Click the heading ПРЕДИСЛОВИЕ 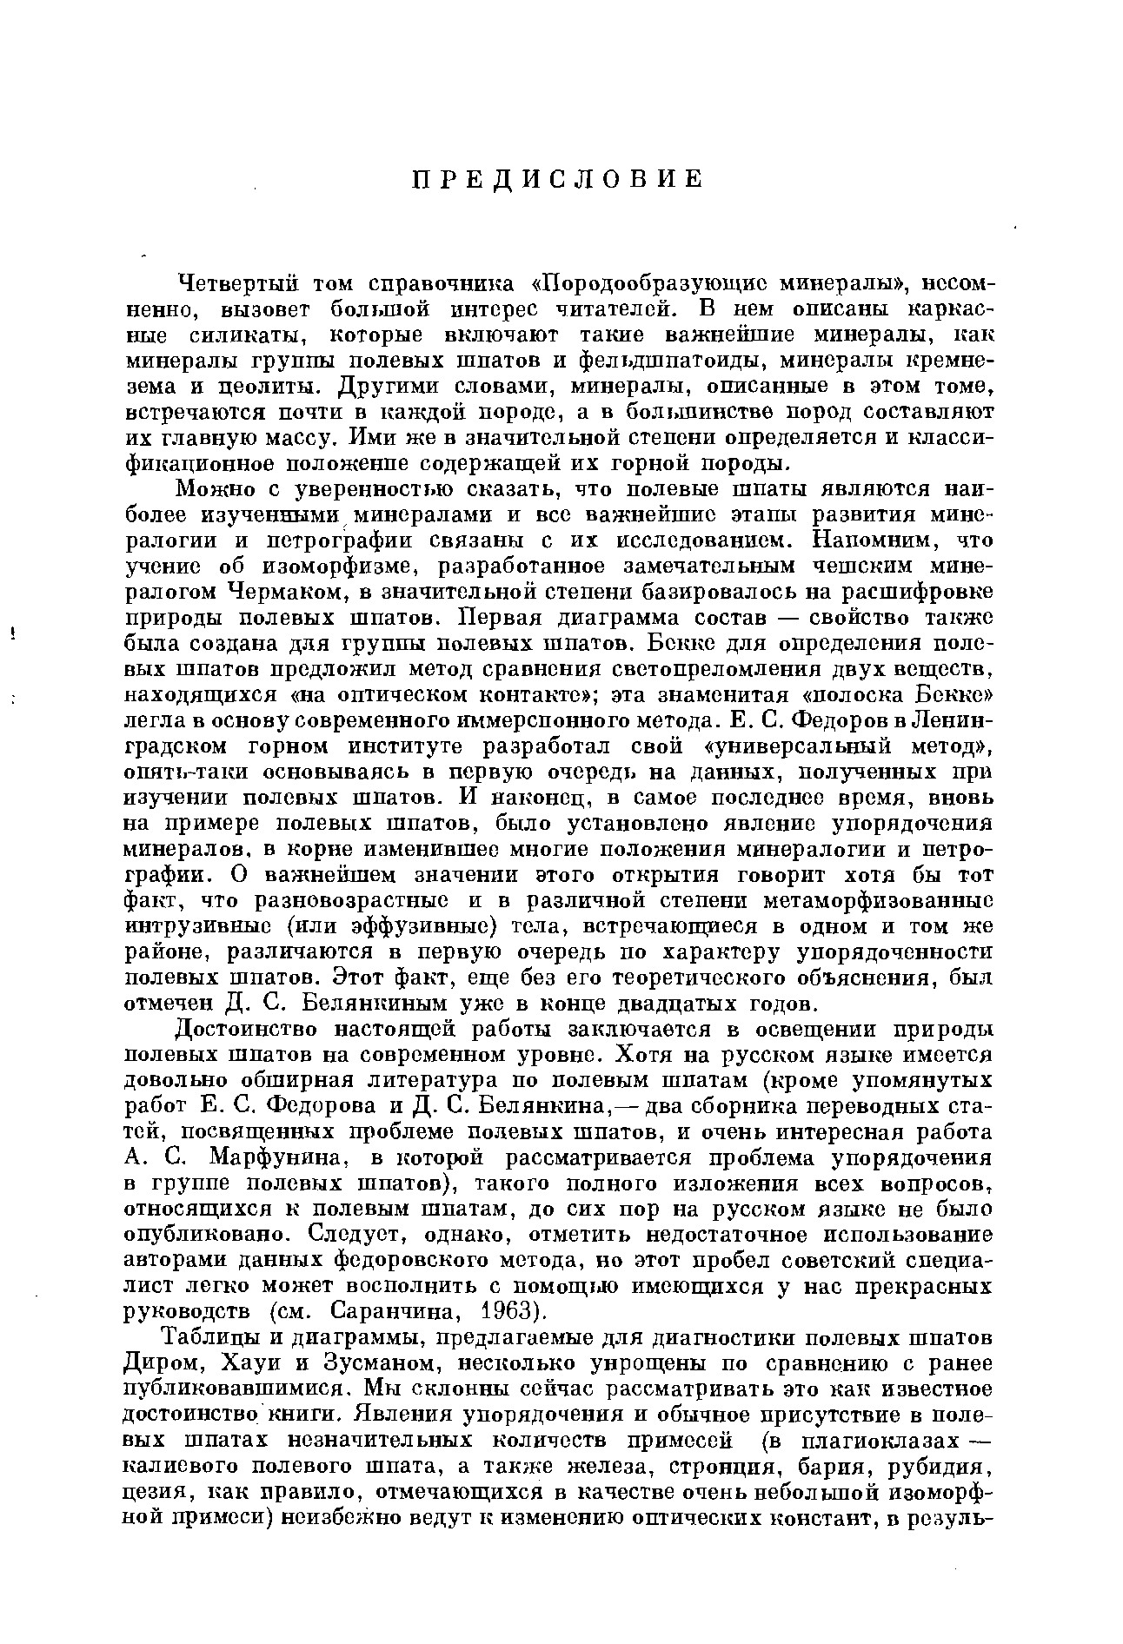tap(556, 179)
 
